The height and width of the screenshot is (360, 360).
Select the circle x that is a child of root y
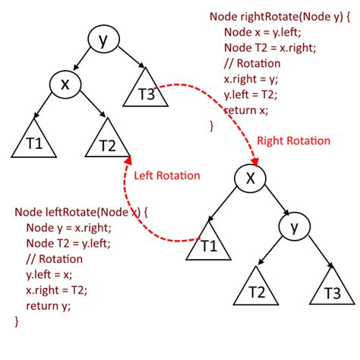(65, 85)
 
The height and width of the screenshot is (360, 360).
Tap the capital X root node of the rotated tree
(251, 179)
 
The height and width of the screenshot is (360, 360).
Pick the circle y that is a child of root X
(293, 226)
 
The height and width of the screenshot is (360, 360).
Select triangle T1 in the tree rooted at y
(30, 141)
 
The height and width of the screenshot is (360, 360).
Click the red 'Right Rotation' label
(293, 141)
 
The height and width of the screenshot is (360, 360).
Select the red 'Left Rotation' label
(167, 175)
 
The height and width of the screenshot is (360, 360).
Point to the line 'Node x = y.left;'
(261, 32)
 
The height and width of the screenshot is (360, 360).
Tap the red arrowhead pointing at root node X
(256, 162)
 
